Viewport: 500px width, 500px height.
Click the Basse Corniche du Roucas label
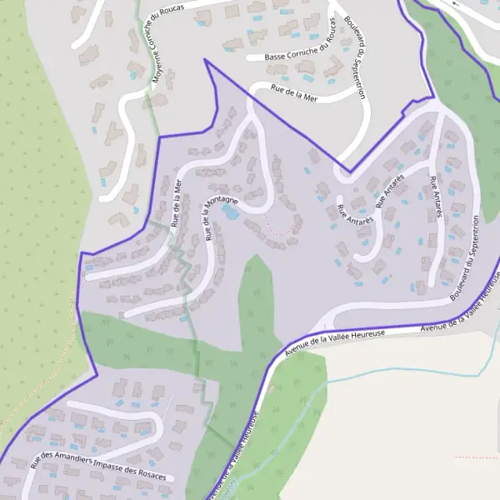click(x=300, y=57)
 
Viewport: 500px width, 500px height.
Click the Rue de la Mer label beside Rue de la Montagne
click(x=176, y=202)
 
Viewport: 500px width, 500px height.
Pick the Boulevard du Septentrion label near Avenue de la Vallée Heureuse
click(x=463, y=257)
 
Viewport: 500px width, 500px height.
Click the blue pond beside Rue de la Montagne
click(x=228, y=212)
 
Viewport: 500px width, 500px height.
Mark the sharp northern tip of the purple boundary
click(x=205, y=60)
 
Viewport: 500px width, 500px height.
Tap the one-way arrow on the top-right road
click(x=455, y=4)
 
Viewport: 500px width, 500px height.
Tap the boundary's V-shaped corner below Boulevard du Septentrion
click(x=350, y=172)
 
